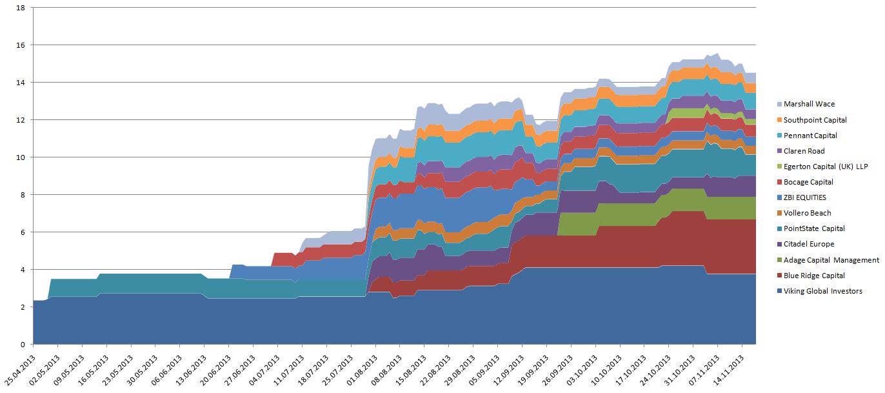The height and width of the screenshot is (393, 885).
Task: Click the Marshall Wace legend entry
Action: coord(808,104)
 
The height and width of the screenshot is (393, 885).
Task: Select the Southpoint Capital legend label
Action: coord(815,120)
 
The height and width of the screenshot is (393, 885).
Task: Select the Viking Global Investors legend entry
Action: coord(822,291)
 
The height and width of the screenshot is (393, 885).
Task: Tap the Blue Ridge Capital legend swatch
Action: coord(777,276)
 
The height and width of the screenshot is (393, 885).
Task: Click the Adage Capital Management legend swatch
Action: coord(777,260)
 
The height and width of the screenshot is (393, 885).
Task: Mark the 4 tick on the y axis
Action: coord(22,270)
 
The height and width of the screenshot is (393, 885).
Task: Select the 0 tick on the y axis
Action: coord(22,344)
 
